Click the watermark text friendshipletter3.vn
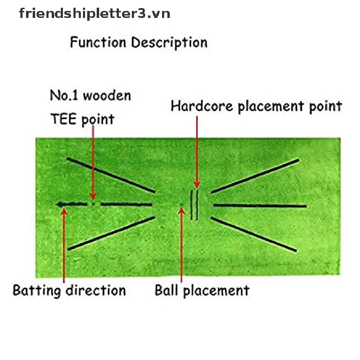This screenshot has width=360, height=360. coord(94,14)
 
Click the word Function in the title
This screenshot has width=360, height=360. coord(98,42)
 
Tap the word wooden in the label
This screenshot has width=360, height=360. coord(107,96)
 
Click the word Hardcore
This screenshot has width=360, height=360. coord(202,106)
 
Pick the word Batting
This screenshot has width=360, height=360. coord(37,291)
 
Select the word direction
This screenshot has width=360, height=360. coord(96,290)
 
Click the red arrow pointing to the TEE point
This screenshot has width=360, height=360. coord(93,162)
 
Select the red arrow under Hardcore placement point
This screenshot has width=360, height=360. coord(197,152)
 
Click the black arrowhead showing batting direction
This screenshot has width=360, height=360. coord(60,204)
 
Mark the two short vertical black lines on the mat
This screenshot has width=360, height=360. coord(194,205)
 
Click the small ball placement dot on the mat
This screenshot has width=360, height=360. coord(181,204)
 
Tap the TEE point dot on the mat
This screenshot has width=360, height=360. coord(93,204)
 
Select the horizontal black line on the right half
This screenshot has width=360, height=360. coord(260,206)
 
